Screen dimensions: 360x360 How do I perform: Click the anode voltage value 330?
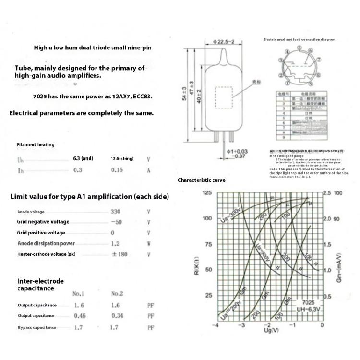116,212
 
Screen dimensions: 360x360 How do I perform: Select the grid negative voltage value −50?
116,222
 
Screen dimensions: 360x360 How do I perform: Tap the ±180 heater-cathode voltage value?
120,254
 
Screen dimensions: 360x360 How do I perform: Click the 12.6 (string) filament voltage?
122,159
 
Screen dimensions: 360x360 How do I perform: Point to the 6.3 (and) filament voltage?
83,158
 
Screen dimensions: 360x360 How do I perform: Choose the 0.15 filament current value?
118,170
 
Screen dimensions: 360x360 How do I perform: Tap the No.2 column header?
118,293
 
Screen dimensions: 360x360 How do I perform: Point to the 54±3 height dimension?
184,95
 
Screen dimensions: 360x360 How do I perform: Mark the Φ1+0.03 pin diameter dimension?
237,154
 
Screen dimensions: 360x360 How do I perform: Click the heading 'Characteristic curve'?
202,180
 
